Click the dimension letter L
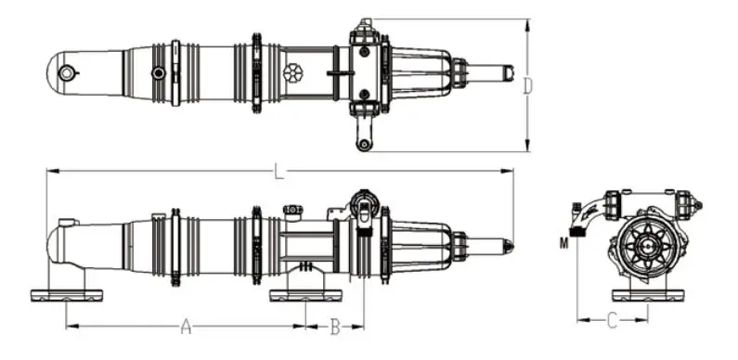coord(279,172)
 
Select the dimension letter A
coord(187,326)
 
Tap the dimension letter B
coord(334,327)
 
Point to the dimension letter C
coord(612,320)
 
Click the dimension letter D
coord(528,86)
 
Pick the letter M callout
coord(563,243)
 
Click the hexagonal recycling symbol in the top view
coord(293,73)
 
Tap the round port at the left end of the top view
coord(66,73)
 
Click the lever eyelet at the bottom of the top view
coord(362,145)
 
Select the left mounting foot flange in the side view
coord(66,296)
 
